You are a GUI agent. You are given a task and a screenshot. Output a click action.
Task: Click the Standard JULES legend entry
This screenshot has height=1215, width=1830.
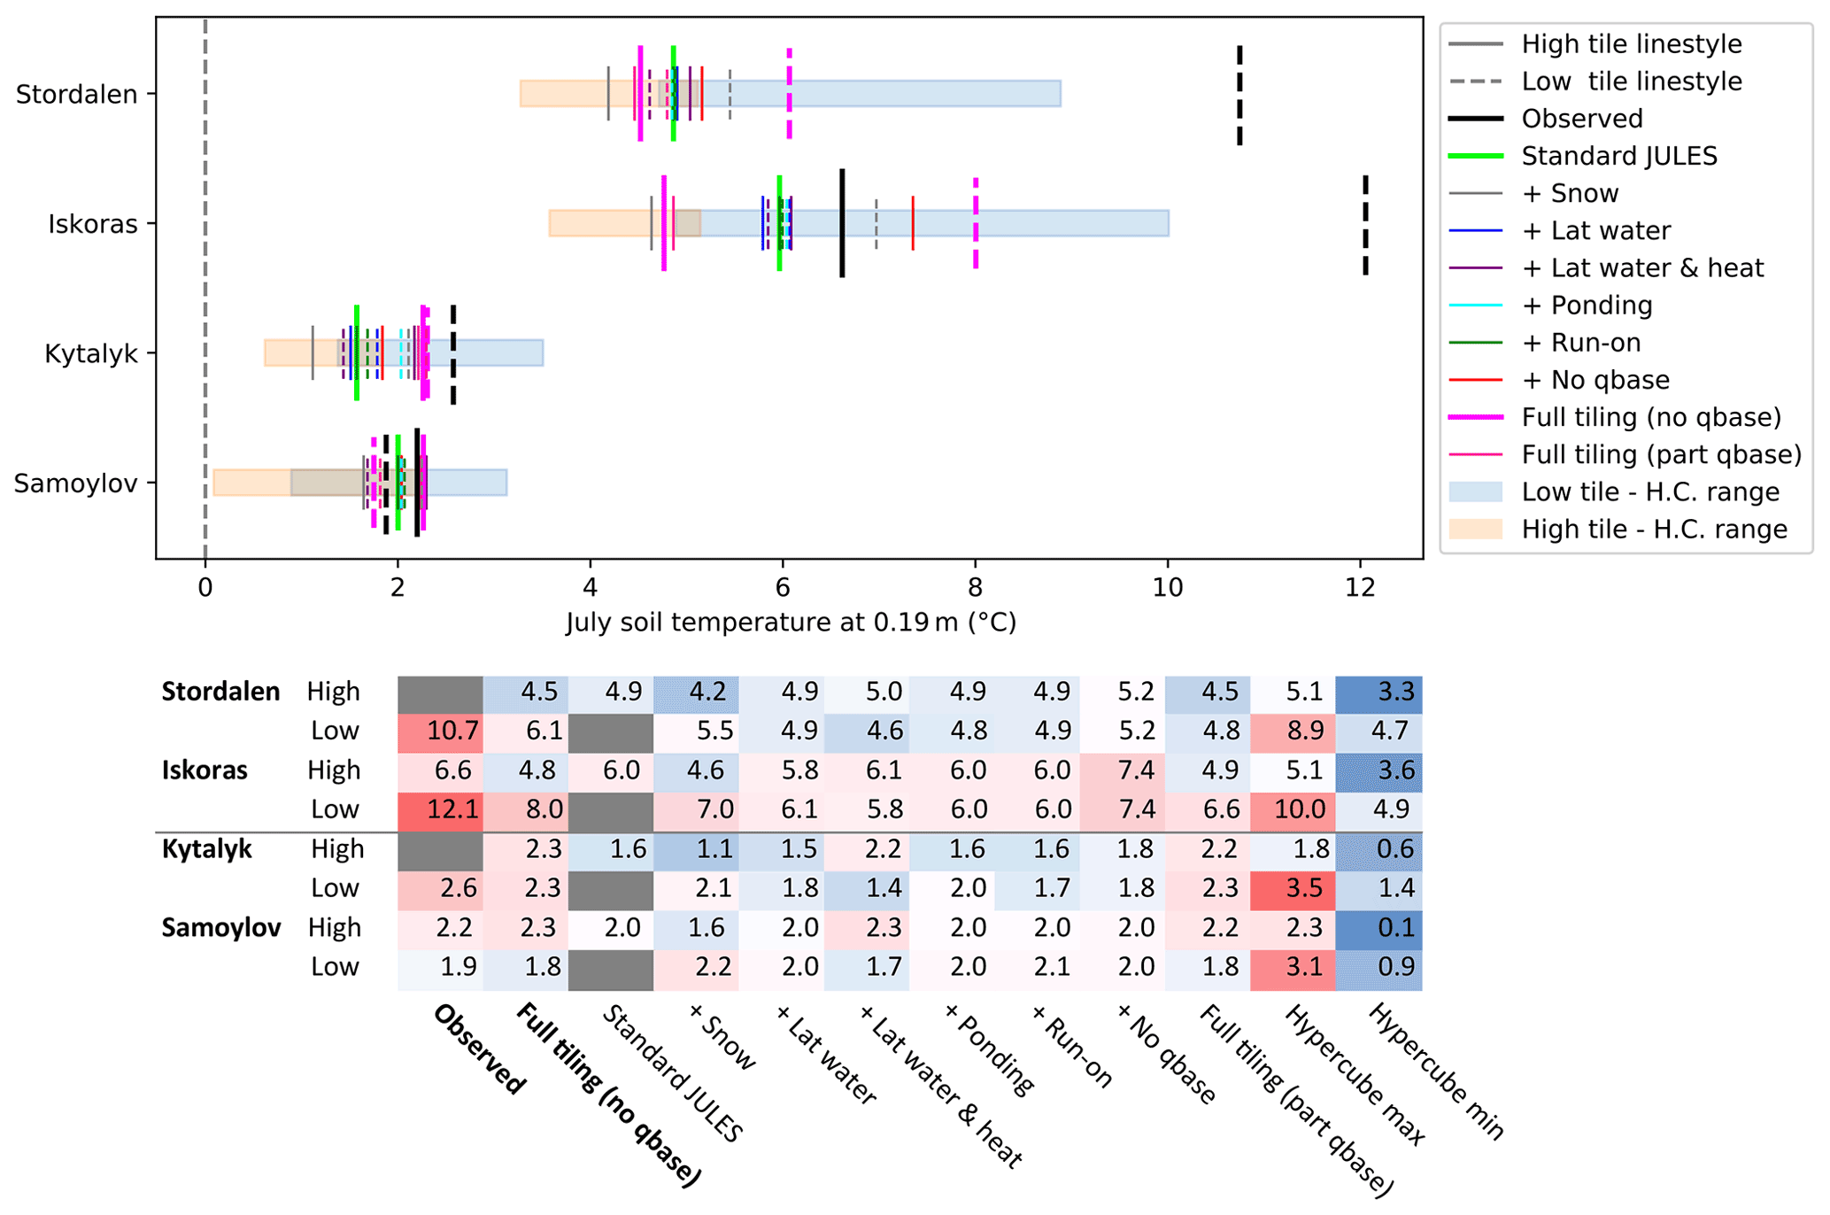(1618, 156)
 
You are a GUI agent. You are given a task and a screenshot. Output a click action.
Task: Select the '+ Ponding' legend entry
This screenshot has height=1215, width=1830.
(1587, 306)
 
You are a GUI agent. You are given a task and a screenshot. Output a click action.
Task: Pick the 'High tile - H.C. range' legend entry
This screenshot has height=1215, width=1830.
(1654, 530)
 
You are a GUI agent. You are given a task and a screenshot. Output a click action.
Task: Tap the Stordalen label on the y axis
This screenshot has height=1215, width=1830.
(77, 95)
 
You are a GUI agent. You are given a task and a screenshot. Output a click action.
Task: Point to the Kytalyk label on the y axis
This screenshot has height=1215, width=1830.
(91, 354)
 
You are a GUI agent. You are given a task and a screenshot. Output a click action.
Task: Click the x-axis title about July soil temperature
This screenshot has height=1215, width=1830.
(791, 623)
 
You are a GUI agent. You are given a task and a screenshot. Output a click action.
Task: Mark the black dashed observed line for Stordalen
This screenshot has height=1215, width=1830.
(1239, 95)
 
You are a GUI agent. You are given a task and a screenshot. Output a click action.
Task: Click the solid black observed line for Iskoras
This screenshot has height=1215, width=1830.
(842, 223)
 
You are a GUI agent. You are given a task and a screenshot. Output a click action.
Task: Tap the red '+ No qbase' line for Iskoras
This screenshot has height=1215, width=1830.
(913, 223)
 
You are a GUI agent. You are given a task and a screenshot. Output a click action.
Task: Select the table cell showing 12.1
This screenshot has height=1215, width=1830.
(441, 809)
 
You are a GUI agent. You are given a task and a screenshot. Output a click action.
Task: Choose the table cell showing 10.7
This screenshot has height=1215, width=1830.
(441, 731)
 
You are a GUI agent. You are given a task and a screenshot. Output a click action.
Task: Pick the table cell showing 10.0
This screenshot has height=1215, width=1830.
(1293, 809)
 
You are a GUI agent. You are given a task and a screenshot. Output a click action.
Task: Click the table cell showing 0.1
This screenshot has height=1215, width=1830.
(1378, 927)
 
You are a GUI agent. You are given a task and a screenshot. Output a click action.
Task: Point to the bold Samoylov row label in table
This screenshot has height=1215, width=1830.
(221, 927)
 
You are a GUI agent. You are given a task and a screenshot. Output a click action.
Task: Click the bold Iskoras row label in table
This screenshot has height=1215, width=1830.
(205, 770)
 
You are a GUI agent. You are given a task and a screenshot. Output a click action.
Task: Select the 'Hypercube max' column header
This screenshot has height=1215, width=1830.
(1355, 1074)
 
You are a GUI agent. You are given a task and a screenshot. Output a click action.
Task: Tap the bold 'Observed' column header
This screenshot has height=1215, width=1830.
(479, 1049)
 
